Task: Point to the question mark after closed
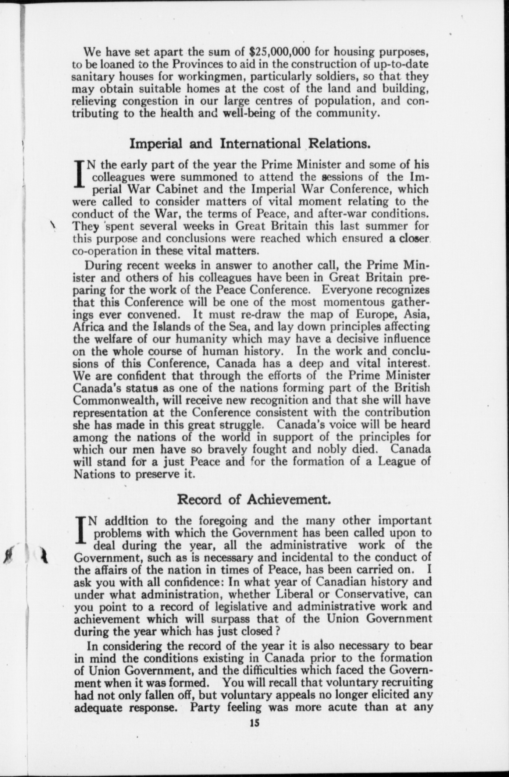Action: coord(280,631)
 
